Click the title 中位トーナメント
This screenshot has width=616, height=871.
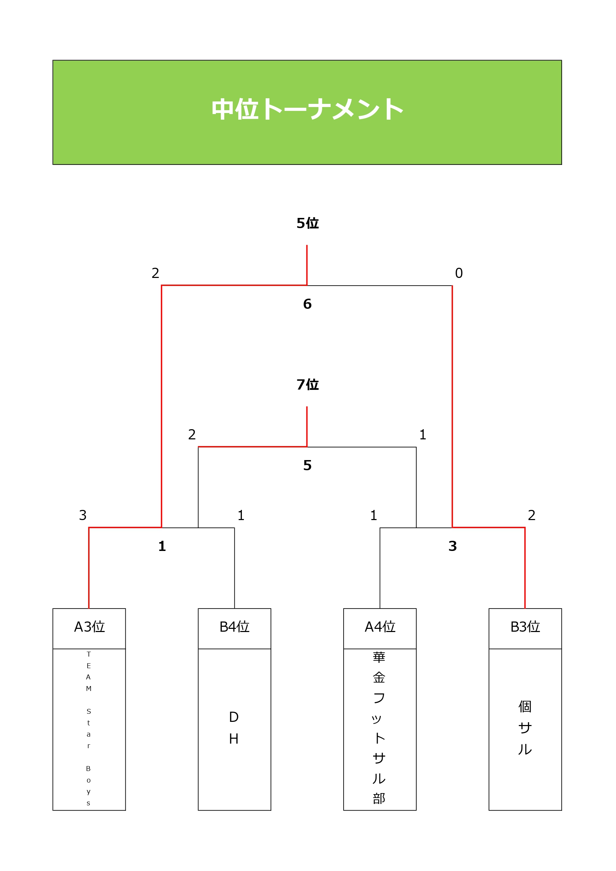click(x=307, y=109)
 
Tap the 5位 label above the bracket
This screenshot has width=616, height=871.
click(x=307, y=223)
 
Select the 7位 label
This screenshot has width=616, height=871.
click(x=307, y=385)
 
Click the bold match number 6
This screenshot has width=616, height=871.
click(x=307, y=304)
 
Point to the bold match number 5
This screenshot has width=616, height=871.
click(x=307, y=465)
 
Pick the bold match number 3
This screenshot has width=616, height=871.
click(x=452, y=546)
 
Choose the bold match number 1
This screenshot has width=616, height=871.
click(x=162, y=546)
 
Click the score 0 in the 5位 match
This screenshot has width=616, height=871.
click(x=459, y=273)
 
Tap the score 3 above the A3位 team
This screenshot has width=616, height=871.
click(x=83, y=515)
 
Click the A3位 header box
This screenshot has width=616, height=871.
click(x=89, y=627)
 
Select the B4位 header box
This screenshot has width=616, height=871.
click(x=234, y=627)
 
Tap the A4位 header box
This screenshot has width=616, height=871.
click(x=380, y=627)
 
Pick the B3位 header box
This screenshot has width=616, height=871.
click(x=525, y=627)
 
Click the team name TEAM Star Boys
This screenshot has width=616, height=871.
click(x=89, y=729)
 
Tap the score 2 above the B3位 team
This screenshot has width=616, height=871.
click(x=532, y=515)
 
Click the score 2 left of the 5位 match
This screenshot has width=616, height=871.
click(x=155, y=273)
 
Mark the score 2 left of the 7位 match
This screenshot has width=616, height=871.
click(x=192, y=434)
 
